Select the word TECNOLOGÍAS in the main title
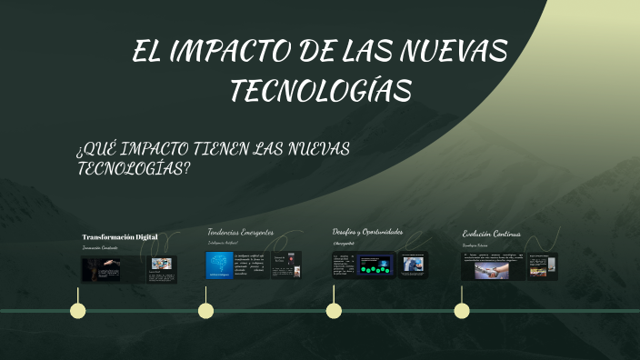320,91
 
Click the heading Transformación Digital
120,236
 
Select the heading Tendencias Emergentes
240,232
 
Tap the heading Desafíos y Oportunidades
367,231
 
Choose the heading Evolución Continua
491,234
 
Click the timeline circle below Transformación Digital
78,311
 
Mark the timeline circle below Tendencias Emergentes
206,311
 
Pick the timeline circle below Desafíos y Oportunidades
334,311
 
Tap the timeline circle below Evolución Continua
462,311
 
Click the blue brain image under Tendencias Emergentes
219,265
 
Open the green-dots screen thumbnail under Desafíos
375,265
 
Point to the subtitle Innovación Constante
100,247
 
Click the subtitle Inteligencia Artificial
223,243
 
